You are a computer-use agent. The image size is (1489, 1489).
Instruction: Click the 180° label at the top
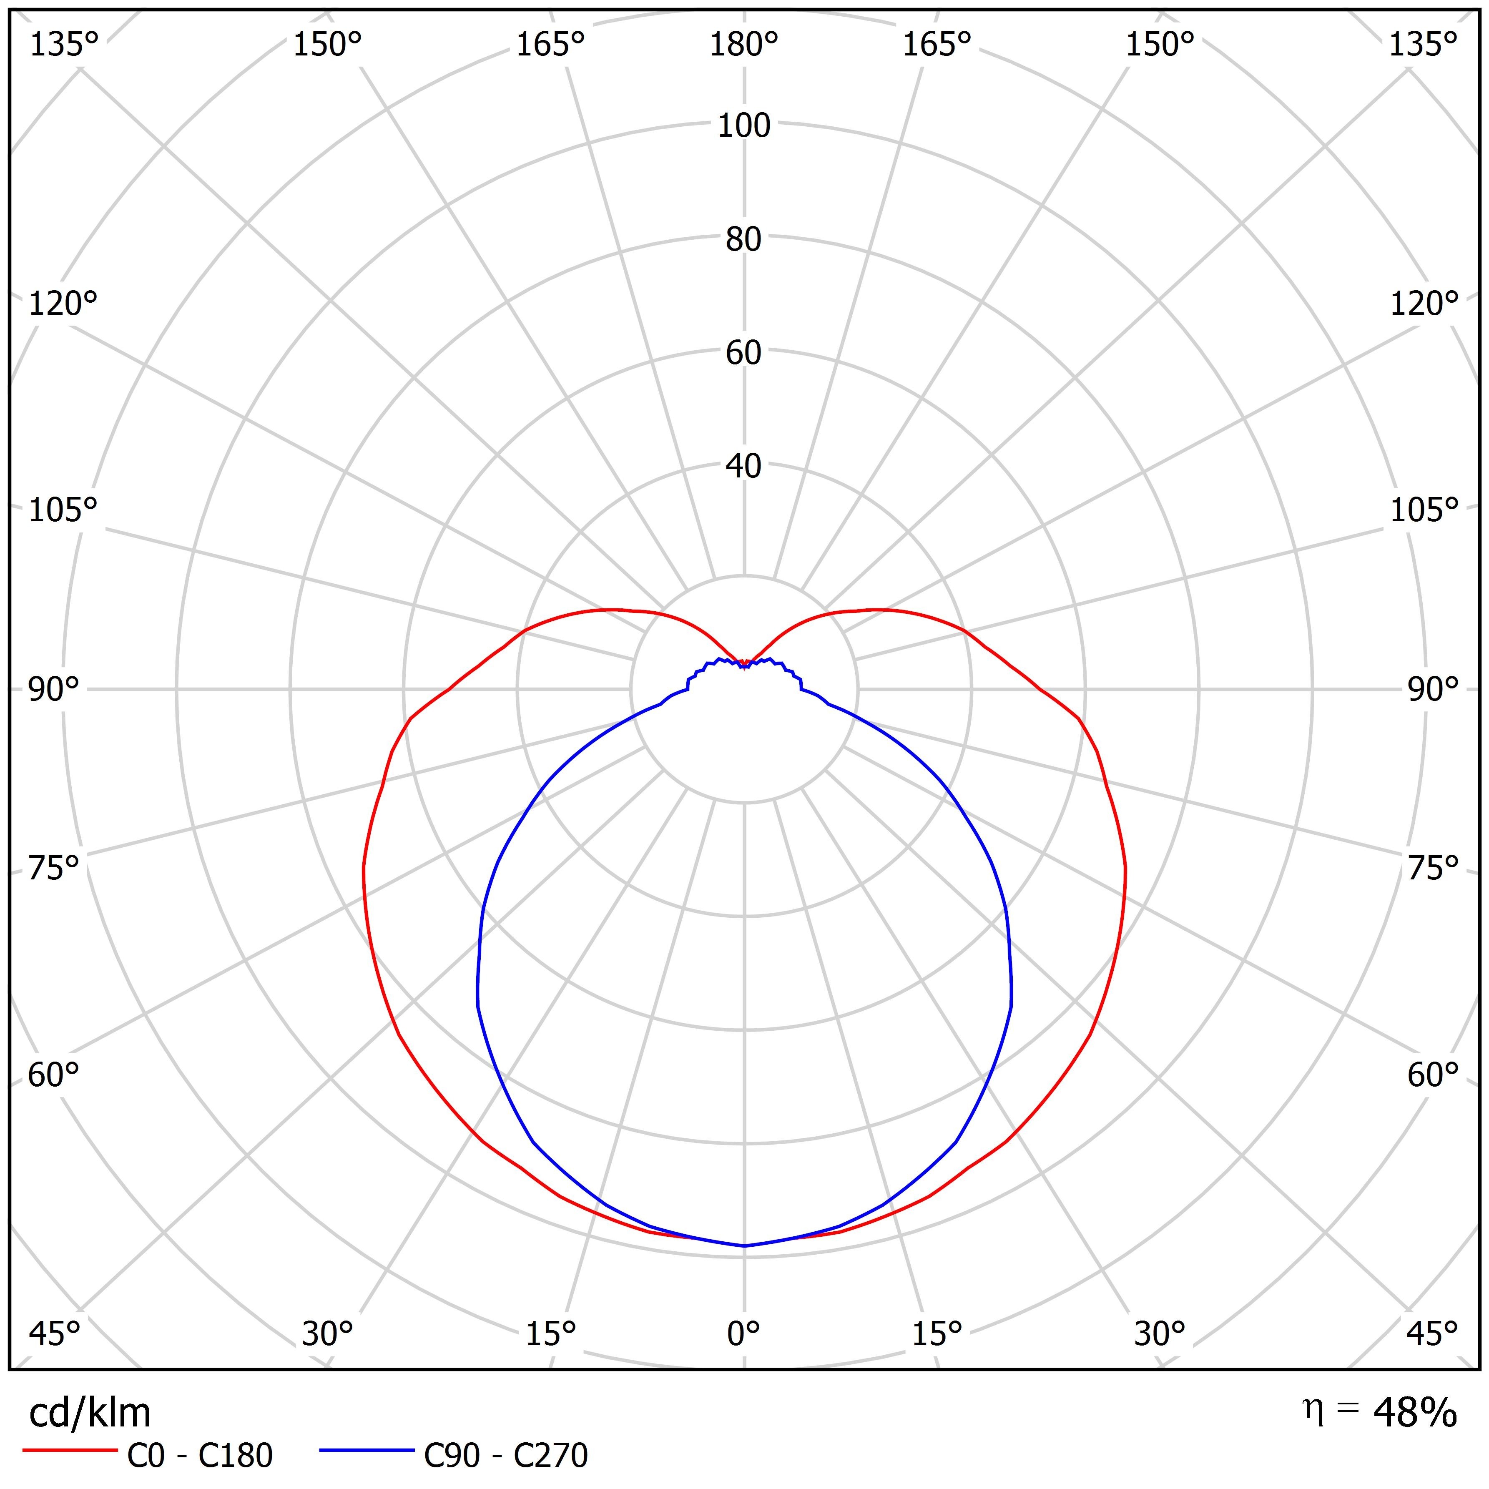point(744,45)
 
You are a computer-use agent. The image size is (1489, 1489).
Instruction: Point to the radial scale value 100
point(744,126)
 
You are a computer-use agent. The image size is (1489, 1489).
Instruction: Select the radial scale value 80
point(744,240)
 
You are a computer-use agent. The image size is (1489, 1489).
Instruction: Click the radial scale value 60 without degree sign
point(744,353)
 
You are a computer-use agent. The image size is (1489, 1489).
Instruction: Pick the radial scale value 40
point(744,466)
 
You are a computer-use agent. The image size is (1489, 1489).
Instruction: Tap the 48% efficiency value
point(1415,1413)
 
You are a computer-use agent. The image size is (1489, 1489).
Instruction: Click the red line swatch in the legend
point(70,1451)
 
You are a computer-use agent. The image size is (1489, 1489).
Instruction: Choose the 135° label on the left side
point(64,45)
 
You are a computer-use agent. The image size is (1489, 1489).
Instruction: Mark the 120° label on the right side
point(1424,304)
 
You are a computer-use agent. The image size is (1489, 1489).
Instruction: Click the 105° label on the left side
point(63,510)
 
